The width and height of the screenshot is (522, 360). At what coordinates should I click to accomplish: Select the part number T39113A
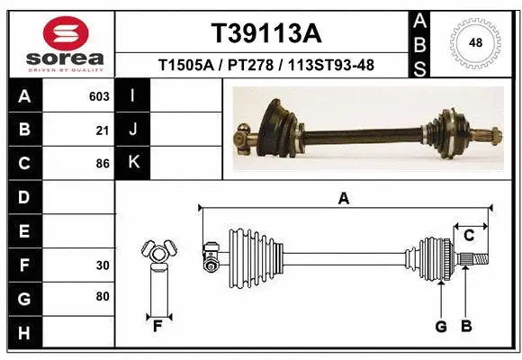coord(265,33)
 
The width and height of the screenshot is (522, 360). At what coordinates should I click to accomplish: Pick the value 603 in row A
coord(99,96)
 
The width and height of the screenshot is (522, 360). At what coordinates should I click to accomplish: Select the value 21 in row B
coord(103,130)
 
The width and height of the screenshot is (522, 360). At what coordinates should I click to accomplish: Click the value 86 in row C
coord(103,164)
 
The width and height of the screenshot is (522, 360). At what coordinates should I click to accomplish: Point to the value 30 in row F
coord(103,265)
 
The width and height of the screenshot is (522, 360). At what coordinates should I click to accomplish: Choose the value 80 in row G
coord(103,296)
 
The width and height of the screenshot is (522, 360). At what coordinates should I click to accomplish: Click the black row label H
coord(23,333)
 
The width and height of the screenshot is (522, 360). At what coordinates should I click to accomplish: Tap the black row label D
coord(23,197)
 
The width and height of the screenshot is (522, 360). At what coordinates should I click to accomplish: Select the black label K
coord(133,163)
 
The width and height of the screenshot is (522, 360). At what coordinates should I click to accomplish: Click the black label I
coord(133,96)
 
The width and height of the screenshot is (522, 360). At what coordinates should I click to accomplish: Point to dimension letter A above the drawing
coord(343,199)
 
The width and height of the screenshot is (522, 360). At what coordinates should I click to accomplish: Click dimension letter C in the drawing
coord(469,236)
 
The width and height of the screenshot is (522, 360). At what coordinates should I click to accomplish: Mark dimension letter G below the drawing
coord(441,327)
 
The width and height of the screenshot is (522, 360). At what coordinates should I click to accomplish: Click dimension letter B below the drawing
coord(466,327)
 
